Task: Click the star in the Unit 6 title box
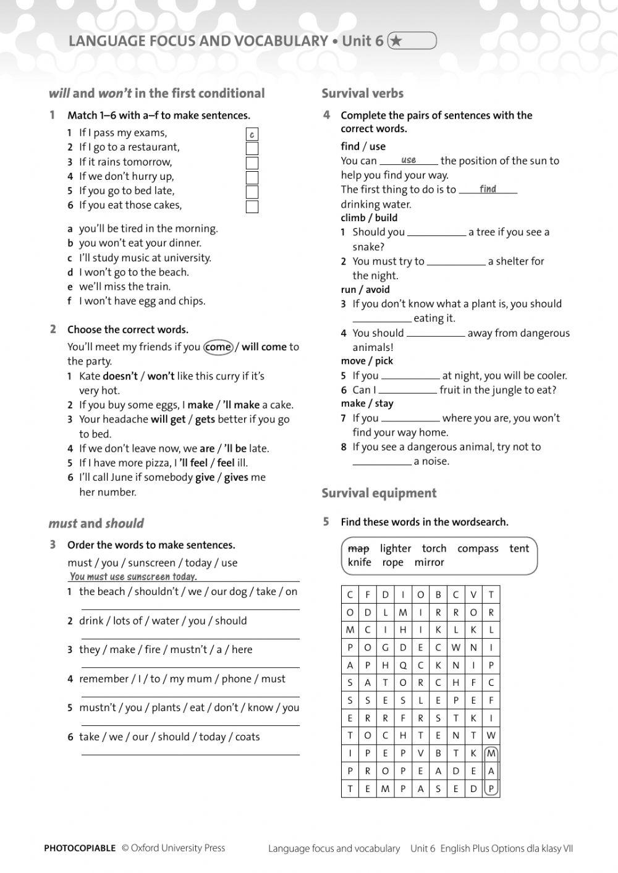tap(397, 41)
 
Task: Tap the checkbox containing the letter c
tap(252, 134)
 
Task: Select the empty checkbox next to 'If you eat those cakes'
tap(252, 206)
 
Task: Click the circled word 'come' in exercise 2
tap(218, 347)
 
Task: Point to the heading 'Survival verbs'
tap(362, 93)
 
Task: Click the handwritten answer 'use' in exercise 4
tap(408, 160)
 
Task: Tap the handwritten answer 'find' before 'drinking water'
tap(488, 189)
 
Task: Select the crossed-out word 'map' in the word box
tap(358, 549)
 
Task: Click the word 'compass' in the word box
tap(478, 549)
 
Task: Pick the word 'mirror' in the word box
tap(430, 562)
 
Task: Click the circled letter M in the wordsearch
tap(491, 754)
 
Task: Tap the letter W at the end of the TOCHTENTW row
tap(491, 736)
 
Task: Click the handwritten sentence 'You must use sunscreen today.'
tap(133, 576)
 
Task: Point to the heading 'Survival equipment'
tap(379, 493)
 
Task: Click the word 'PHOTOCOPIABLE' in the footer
tap(80, 848)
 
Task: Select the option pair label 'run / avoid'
tap(365, 289)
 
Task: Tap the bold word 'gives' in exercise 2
tap(236, 478)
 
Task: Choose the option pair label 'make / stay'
tap(367, 403)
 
